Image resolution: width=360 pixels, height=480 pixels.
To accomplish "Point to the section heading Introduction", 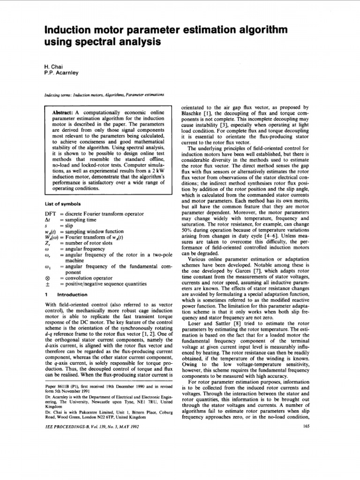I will [72, 294].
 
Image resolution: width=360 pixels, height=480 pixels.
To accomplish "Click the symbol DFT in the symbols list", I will [50, 214].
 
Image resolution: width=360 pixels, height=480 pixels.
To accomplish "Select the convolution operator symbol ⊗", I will [46, 278].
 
